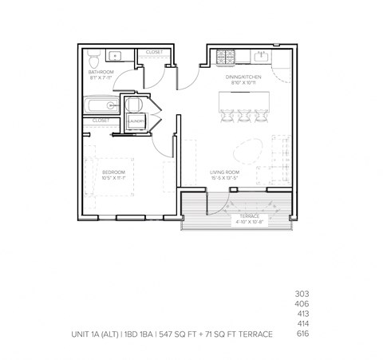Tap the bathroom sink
[115, 56]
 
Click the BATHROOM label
[101, 73]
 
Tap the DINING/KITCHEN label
[243, 77]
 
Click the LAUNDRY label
[136, 121]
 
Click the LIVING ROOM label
[224, 171]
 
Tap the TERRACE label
[239, 216]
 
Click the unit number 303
[301, 294]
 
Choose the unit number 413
[301, 314]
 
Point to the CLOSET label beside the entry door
[154, 53]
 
